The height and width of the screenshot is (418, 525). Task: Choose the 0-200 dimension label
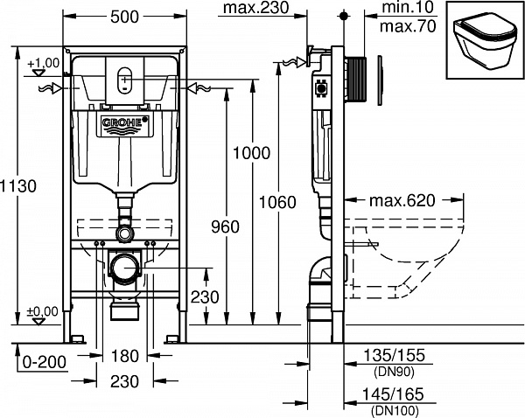[44, 359]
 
